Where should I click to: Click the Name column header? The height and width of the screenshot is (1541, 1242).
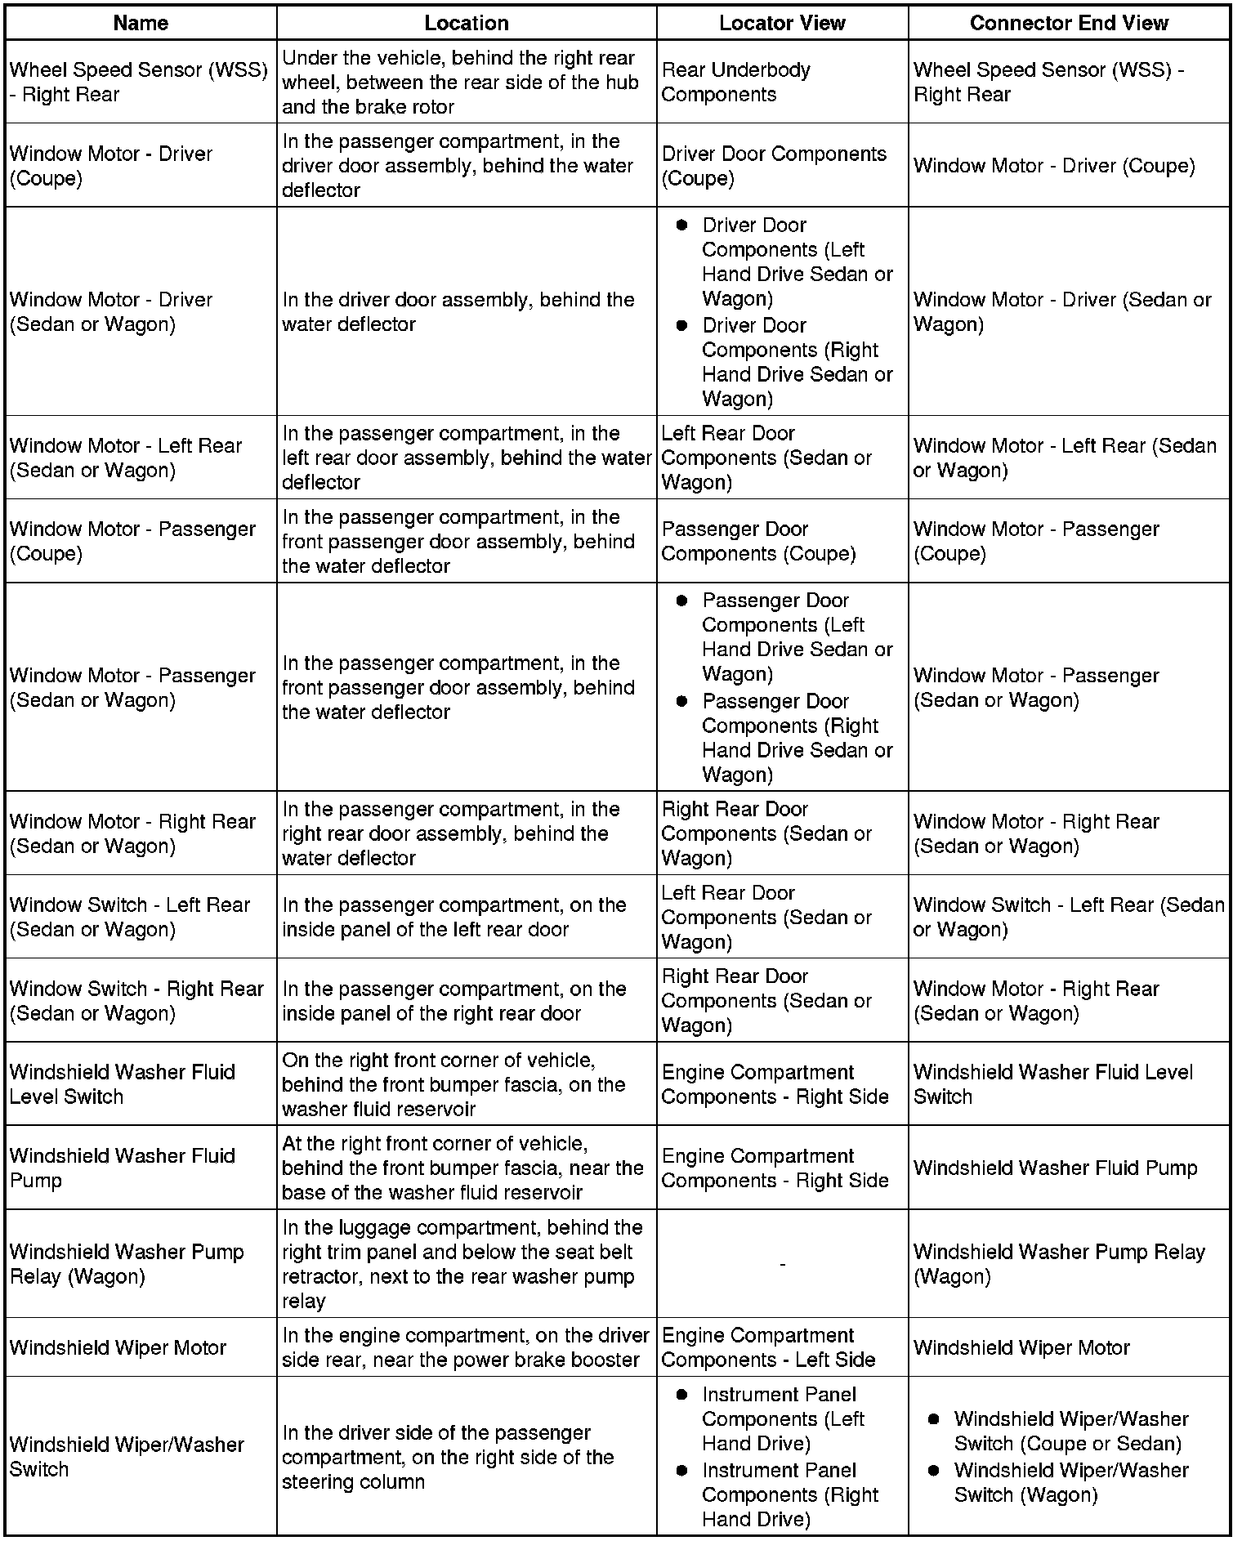click(141, 23)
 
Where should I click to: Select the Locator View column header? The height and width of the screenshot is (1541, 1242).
click(781, 23)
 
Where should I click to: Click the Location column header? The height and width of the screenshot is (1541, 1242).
click(466, 23)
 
